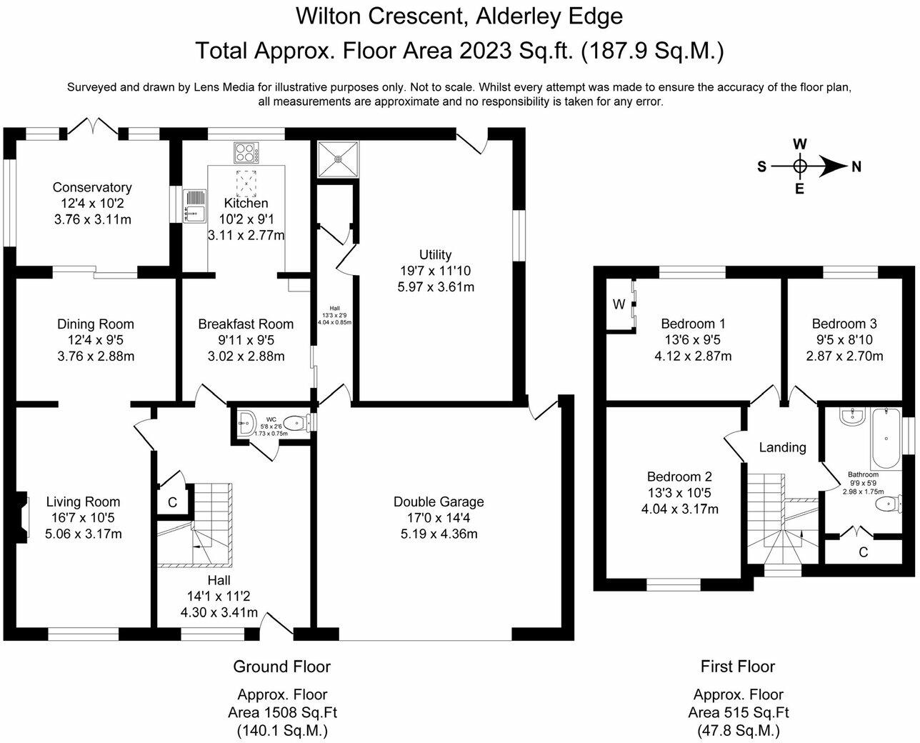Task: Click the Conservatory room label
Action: [92, 187]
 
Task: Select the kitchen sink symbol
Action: [194, 206]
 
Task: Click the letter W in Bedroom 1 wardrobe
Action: [619, 304]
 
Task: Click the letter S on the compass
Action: [762, 166]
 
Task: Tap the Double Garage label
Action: [439, 502]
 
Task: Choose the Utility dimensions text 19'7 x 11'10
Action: [436, 271]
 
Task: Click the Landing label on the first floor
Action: [782, 447]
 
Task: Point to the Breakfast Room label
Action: [246, 324]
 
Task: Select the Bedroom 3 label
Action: [844, 324]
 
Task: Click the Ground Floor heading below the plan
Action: [281, 667]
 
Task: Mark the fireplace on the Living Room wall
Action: [24, 514]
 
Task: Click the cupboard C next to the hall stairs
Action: [172, 502]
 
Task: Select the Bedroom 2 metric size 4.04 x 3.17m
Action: [679, 509]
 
